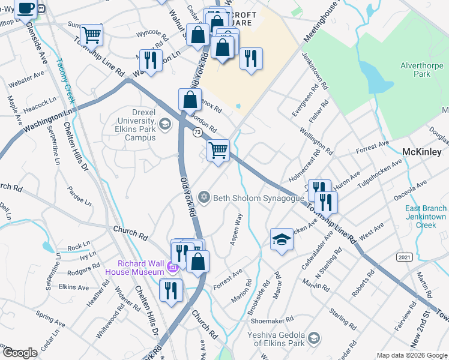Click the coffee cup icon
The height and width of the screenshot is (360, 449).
click(x=26, y=8)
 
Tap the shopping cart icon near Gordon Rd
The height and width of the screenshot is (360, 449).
click(x=218, y=149)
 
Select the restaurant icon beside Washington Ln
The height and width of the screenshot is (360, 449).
click(x=150, y=60)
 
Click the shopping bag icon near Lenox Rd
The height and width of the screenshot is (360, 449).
click(x=190, y=100)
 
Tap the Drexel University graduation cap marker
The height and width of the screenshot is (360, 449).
click(x=164, y=124)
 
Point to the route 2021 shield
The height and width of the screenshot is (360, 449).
click(x=404, y=257)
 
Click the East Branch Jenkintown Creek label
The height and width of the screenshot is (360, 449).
click(x=425, y=216)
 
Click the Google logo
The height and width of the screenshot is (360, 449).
click(x=20, y=353)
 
